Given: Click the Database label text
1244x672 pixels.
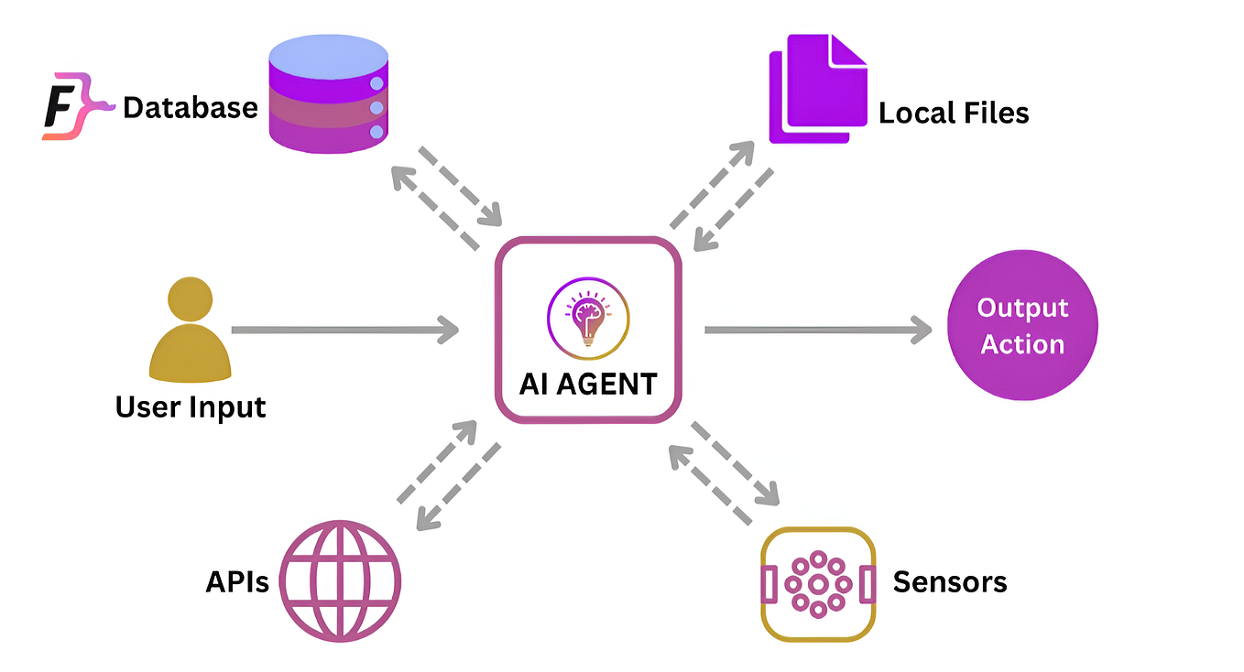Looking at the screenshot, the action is point(191,107).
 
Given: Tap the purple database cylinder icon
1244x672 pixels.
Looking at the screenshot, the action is point(328,93).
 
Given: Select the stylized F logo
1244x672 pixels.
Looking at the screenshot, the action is point(77,105).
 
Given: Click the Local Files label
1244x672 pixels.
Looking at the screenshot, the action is point(954,113).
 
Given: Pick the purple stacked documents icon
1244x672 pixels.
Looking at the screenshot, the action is point(818,89).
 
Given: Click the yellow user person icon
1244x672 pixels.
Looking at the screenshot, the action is point(190,330).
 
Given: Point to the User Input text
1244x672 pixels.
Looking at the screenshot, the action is point(191,407).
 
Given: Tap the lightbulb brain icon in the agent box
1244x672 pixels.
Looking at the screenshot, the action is point(588,319).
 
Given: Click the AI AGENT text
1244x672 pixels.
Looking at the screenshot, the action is point(588,384).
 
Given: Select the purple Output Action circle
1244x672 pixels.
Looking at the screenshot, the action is point(1022,325).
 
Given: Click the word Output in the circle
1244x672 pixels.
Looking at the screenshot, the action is point(1022,309).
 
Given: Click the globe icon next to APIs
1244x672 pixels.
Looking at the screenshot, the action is point(340,581).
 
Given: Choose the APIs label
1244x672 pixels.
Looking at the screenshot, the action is point(237,582).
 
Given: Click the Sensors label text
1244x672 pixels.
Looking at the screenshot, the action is point(950,582).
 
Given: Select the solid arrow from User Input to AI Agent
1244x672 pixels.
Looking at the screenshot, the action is point(344,331).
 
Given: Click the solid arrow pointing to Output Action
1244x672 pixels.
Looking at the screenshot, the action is point(818,331).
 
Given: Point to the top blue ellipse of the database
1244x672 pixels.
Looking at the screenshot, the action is point(328,57).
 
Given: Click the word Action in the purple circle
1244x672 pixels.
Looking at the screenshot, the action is point(1022,344).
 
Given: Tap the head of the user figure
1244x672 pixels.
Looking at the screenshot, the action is point(190,299).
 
